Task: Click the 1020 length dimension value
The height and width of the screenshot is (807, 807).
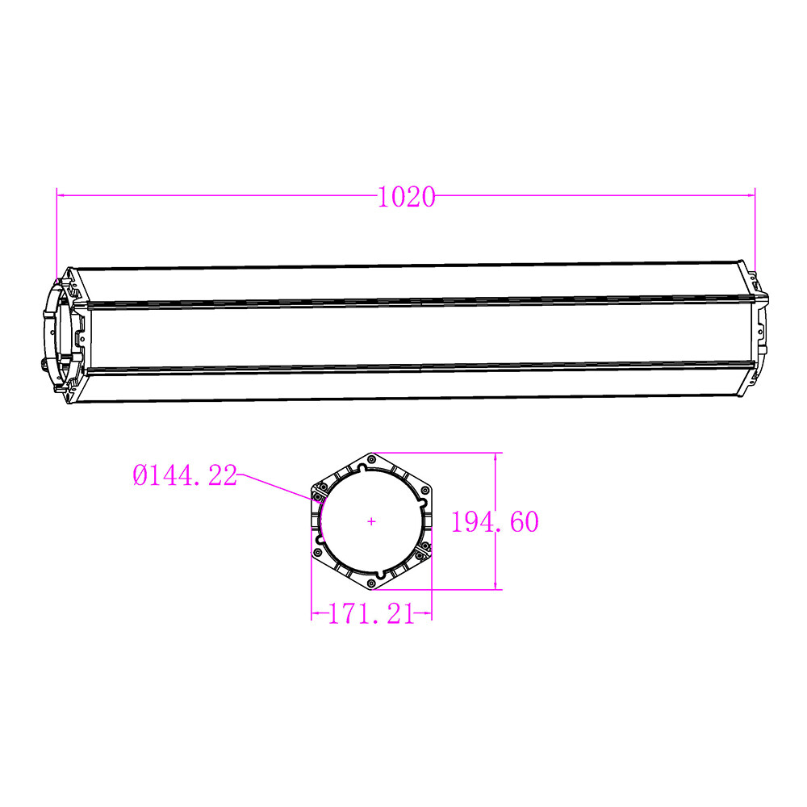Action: point(406,197)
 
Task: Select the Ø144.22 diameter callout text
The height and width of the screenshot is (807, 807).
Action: point(185,476)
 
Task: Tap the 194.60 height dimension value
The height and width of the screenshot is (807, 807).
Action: point(494,522)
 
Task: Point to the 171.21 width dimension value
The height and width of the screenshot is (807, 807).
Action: point(371,615)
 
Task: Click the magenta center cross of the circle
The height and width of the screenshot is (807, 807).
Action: point(371,521)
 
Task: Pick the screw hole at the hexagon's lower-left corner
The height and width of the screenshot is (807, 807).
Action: point(319,553)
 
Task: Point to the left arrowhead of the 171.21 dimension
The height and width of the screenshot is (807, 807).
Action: point(316,615)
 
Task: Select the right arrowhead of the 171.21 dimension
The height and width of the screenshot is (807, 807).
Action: point(428,615)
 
